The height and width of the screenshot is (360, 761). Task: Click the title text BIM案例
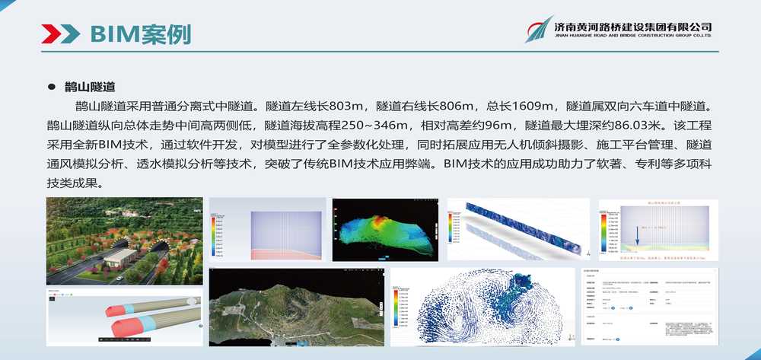(140, 33)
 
